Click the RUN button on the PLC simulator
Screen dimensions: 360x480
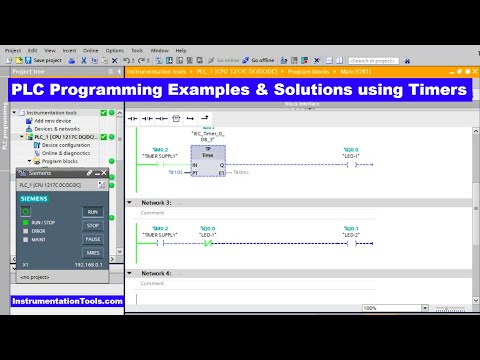pos(92,212)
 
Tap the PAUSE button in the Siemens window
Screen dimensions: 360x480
pos(92,239)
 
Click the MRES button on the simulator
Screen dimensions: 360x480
pos(92,253)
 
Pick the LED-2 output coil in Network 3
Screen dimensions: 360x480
pos(350,242)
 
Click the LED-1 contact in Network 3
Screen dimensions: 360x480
pos(209,242)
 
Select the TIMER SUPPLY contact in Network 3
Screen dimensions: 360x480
pos(160,242)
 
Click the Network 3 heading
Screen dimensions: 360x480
pos(156,202)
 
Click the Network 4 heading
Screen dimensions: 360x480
pos(156,273)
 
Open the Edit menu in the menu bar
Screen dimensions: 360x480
pos(33,50)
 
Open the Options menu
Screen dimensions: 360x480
pos(115,50)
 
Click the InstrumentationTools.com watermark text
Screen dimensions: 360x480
pos(67,301)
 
